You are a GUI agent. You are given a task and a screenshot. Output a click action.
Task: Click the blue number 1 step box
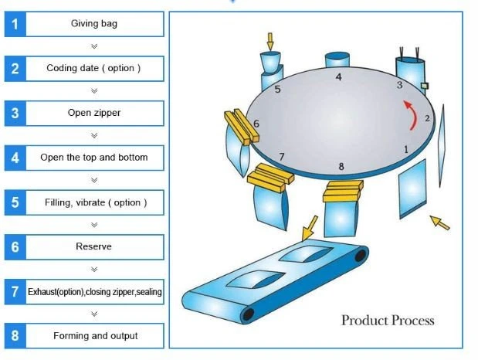(15, 24)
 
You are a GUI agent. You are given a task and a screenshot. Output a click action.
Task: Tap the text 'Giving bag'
(94, 23)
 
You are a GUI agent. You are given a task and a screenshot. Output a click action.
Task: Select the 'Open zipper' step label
(94, 113)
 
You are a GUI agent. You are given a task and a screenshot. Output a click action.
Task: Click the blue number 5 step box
(15, 202)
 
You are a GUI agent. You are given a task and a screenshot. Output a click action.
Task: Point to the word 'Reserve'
(93, 246)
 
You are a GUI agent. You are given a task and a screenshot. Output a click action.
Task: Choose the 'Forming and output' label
(96, 335)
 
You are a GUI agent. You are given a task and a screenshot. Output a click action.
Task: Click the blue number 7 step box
(15, 292)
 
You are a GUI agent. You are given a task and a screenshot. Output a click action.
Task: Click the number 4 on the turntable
(338, 77)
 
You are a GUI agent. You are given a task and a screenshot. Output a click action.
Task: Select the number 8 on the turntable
(341, 166)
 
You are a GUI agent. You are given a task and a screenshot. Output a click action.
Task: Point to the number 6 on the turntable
(256, 124)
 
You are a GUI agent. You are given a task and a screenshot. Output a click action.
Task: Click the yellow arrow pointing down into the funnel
(270, 42)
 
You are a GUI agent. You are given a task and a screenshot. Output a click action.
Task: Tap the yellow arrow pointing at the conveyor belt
(309, 228)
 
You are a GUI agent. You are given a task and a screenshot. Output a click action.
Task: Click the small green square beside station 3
(425, 86)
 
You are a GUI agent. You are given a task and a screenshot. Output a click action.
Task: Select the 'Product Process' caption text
(388, 321)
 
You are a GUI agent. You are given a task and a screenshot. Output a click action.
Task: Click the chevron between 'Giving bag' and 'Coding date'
(94, 46)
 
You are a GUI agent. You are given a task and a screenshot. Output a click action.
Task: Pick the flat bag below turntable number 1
(412, 188)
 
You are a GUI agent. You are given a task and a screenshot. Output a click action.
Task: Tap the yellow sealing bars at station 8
(343, 191)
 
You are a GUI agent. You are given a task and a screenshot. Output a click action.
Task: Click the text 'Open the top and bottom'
(94, 158)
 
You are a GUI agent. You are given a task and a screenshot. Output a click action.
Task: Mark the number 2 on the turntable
(427, 118)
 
